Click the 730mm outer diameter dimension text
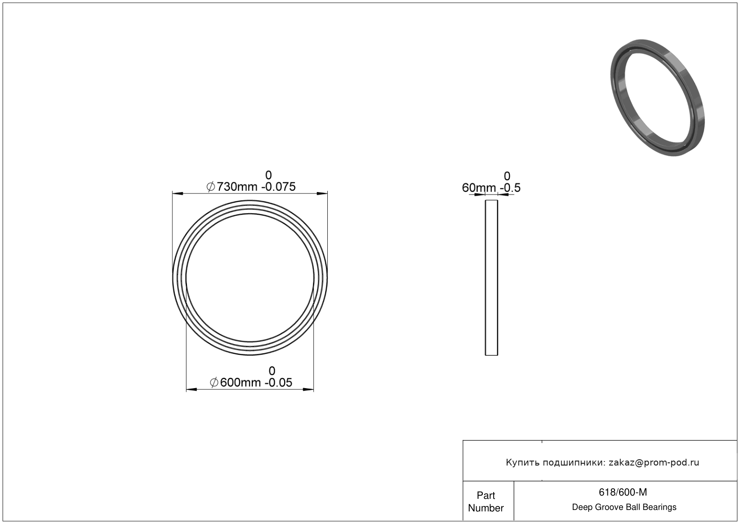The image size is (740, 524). click(237, 187)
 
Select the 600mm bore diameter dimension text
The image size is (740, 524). click(240, 382)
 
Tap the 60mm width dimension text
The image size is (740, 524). click(479, 188)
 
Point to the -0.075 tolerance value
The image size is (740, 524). click(278, 187)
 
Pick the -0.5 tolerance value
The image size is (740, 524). click(510, 188)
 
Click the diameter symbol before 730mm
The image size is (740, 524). click(210, 187)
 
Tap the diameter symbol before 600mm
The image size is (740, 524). click(214, 383)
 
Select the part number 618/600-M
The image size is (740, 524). click(623, 492)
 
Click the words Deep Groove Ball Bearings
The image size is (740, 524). click(624, 507)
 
